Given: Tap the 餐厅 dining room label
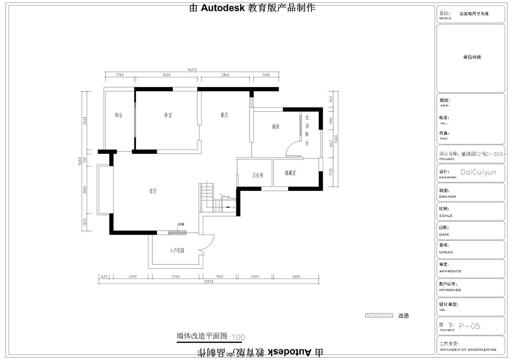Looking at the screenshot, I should [224, 115].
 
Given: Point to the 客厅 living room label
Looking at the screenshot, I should [153, 191].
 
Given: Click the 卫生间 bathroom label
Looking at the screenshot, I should [257, 175].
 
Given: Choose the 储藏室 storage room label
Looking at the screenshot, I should [291, 173].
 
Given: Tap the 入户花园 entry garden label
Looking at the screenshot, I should [177, 251].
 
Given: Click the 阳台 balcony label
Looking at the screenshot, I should [119, 115].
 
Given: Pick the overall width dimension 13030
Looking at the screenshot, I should [208, 282].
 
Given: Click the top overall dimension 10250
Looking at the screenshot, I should [192, 70].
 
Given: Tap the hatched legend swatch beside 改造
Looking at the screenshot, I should [379, 316].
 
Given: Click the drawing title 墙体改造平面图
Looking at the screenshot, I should [203, 336].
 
